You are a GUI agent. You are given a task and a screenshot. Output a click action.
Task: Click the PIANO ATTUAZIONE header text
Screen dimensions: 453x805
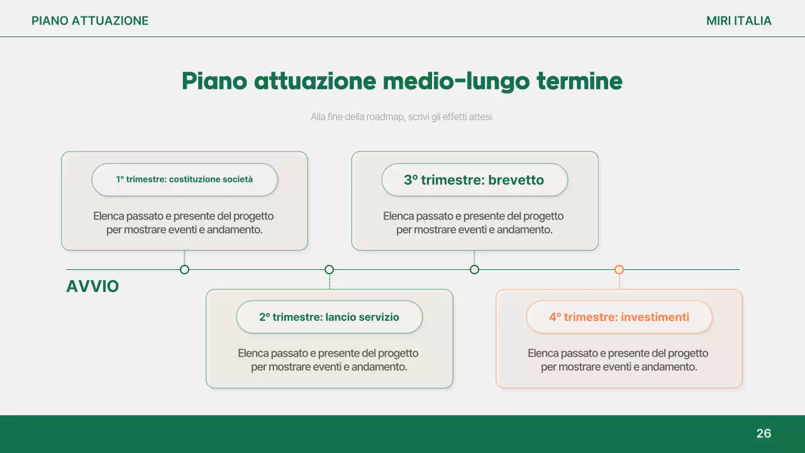tap(90, 21)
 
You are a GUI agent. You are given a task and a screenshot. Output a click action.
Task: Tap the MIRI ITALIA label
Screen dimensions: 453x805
tap(738, 21)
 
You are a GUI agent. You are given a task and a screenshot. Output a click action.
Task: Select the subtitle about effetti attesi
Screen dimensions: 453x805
tap(402, 117)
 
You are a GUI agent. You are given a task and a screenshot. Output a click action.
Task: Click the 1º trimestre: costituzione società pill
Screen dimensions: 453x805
tap(184, 179)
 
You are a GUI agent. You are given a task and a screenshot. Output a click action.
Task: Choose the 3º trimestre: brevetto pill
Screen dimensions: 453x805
tap(474, 180)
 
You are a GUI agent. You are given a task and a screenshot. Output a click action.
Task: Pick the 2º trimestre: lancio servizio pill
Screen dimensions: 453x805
tap(329, 317)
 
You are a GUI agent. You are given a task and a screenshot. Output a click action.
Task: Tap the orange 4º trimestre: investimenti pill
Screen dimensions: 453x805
tap(619, 317)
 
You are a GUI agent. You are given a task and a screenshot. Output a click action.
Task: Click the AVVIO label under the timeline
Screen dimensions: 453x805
tap(92, 287)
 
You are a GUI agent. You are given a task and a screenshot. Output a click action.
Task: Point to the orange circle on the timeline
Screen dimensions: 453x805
tap(619, 270)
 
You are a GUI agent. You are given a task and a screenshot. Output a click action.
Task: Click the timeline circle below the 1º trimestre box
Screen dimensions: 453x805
tap(184, 270)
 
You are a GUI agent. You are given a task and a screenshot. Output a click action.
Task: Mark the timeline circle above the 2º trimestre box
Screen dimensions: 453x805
tap(329, 270)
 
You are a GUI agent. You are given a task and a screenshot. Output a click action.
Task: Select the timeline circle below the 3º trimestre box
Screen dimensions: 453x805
tap(474, 270)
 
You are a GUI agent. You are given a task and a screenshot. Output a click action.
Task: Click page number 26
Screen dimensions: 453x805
tap(763, 433)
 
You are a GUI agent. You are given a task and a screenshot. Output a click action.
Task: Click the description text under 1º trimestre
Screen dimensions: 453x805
tap(184, 223)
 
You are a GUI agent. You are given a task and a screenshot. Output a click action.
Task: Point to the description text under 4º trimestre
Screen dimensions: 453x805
tap(619, 360)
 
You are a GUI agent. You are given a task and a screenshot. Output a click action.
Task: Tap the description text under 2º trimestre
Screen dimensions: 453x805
tap(329, 360)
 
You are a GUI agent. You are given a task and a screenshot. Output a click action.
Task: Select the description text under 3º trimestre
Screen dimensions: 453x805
tap(474, 223)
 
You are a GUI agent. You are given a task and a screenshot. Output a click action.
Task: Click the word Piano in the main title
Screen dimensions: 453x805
tap(213, 81)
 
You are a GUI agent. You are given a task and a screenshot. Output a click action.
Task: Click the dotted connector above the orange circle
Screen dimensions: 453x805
tap(619, 282)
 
